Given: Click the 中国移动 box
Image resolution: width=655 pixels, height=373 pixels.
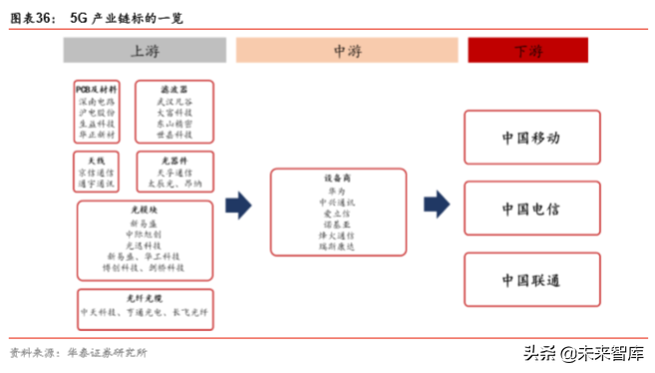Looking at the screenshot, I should click(531, 138).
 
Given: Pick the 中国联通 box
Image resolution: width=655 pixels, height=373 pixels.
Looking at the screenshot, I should click(531, 280).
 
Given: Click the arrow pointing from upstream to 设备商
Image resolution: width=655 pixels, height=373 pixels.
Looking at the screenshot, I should click(238, 207).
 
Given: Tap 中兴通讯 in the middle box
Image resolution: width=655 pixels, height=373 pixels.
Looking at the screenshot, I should click(336, 201).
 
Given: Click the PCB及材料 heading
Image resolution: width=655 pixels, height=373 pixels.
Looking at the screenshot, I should click(97, 88).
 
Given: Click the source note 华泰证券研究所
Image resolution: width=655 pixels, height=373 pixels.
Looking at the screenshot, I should click(107, 352).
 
